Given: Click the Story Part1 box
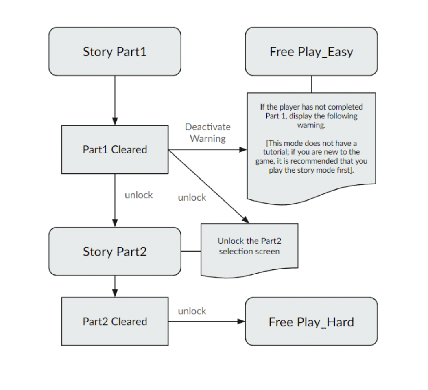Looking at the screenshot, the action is tap(115, 52).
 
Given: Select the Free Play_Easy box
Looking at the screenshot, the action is tap(312, 52).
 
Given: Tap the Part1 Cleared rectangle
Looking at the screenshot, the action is tap(115, 150).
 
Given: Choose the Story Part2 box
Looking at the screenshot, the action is tap(115, 251).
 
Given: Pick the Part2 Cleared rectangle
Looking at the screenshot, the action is tap(115, 322).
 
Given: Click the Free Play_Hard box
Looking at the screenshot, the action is tap(312, 322).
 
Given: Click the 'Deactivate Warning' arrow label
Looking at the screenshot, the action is tap(208, 133).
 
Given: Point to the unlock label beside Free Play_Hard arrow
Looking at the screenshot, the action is tap(192, 311).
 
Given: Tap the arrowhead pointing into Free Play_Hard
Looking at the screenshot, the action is tap(242, 322).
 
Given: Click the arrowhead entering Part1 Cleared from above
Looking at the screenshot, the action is tap(115, 122).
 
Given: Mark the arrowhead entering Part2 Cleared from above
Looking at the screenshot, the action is tap(115, 294).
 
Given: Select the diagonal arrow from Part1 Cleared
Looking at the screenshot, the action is tap(209, 186).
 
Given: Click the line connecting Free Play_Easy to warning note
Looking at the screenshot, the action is tap(312, 84).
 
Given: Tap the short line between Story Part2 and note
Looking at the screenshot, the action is tap(191, 251).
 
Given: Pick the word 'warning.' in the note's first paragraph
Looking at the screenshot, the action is tap(312, 125).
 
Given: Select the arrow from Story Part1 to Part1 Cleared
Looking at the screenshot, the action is tap(115, 101).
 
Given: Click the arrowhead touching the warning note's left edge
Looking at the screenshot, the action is tap(243, 150).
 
